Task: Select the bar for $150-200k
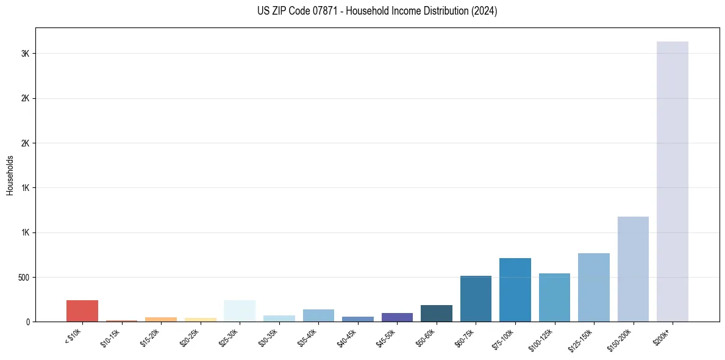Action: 633,269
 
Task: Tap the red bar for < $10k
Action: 82,311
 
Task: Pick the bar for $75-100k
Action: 515,290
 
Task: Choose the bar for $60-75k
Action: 476,299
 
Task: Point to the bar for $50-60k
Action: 436,313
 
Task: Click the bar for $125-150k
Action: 593,287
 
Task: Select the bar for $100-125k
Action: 554,297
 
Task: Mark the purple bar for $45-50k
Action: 397,317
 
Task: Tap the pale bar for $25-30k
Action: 239,311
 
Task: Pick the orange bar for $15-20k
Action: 160,319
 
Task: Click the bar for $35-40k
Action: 318,315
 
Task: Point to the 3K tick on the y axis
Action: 25,54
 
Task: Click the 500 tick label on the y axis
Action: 24,278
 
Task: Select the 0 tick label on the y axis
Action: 28,322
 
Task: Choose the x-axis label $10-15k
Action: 110,338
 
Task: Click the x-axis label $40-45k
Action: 346,338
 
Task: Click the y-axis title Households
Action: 10,175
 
